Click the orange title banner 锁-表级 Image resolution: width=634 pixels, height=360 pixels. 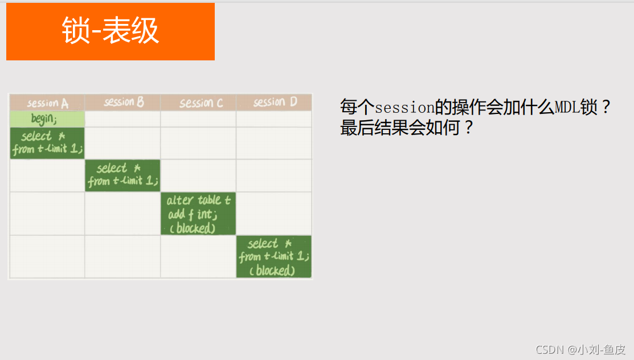coord(110,31)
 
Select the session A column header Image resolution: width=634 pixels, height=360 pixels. coord(47,103)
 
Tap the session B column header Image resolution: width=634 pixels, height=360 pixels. coord(123,103)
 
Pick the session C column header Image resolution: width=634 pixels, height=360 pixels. coord(198,103)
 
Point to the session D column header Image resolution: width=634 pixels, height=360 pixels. coord(275,103)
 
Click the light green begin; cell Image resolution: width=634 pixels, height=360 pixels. coord(47,119)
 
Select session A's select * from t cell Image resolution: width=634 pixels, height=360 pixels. coord(47,143)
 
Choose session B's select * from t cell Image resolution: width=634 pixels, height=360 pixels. coord(122,175)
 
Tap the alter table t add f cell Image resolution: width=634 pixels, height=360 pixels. coord(198,214)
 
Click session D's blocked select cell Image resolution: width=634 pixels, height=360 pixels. coord(274,256)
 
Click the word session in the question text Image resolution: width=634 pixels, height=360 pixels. coord(404,107)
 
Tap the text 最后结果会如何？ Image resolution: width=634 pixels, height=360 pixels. coord(407,128)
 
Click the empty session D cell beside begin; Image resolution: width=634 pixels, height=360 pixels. coord(274,119)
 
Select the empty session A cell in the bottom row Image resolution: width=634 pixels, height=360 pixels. coord(47,256)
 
